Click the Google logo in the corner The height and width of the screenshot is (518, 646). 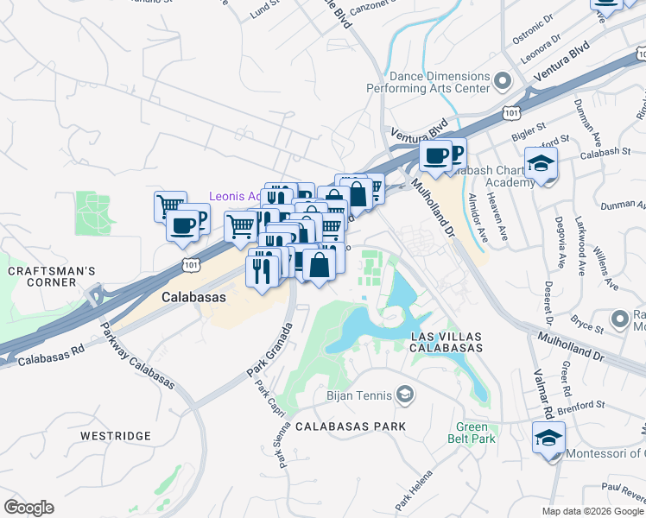click(x=28, y=508)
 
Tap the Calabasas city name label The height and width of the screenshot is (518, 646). click(x=193, y=296)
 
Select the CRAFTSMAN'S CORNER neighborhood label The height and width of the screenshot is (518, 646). click(x=51, y=278)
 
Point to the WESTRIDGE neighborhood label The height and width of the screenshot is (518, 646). click(x=116, y=436)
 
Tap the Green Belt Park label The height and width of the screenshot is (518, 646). click(x=476, y=433)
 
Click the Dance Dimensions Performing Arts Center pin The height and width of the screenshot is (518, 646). click(x=503, y=82)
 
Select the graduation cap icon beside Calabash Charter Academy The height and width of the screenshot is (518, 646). click(x=541, y=162)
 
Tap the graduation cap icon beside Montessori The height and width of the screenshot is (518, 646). click(x=548, y=437)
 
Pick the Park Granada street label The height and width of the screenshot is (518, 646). click(x=269, y=350)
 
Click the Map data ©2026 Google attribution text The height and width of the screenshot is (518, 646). click(x=592, y=511)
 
